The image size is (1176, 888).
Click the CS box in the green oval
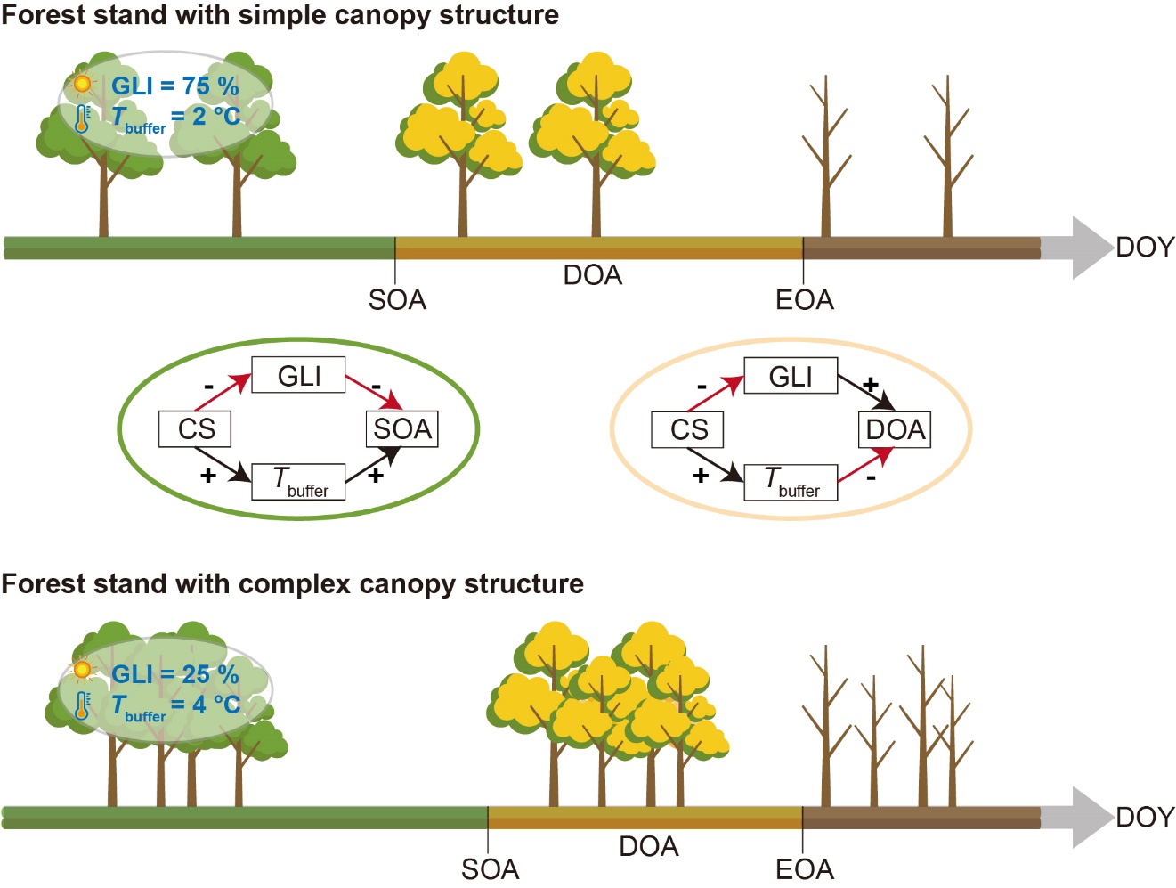click(195, 429)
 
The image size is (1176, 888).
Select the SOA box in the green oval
click(402, 429)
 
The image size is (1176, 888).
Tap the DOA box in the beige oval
click(895, 429)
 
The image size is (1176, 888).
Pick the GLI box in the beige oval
click(791, 376)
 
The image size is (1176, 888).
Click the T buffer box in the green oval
click(298, 482)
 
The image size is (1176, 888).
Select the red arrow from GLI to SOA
click(373, 392)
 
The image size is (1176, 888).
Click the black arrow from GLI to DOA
click(865, 392)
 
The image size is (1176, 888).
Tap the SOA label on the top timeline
click(397, 300)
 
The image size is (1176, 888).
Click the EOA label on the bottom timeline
click(805, 869)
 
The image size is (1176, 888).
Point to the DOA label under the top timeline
click(593, 275)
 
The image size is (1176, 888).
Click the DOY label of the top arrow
click(1145, 247)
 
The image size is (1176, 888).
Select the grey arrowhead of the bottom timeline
click(1090, 817)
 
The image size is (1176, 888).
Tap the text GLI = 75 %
click(174, 86)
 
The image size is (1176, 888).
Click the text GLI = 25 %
click(174, 675)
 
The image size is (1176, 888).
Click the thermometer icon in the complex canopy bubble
click(83, 705)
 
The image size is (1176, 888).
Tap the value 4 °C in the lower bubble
click(216, 705)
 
